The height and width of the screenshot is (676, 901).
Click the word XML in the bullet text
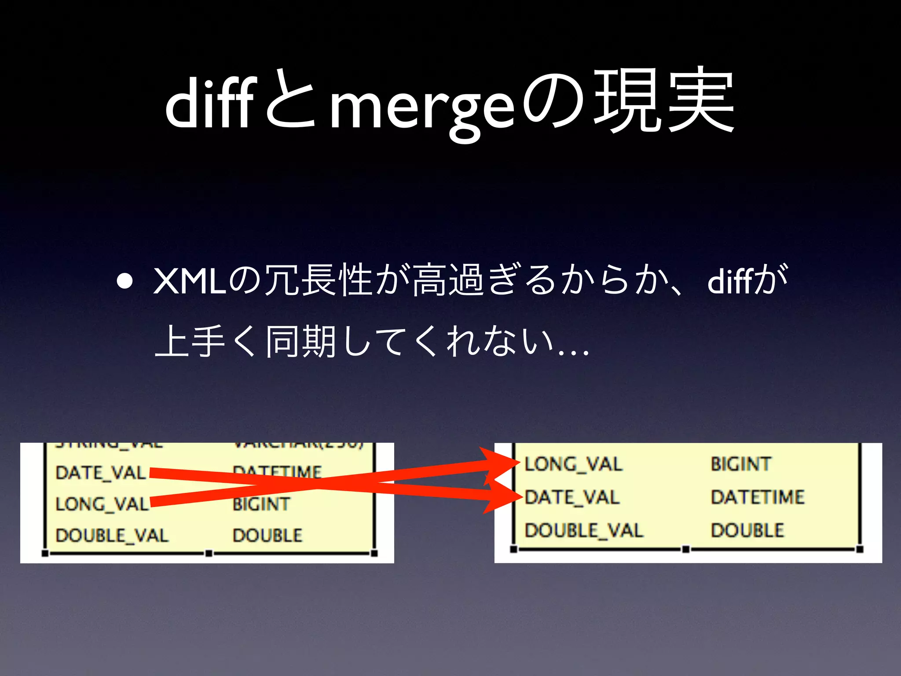pyautogui.click(x=190, y=282)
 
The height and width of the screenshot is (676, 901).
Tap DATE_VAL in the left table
pyautogui.click(x=101, y=473)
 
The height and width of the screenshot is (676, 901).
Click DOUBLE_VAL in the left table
pyautogui.click(x=112, y=536)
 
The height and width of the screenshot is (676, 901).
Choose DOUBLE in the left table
pyautogui.click(x=267, y=536)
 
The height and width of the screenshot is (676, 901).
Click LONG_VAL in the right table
pyautogui.click(x=573, y=464)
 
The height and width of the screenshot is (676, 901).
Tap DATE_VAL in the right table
pyautogui.click(x=572, y=497)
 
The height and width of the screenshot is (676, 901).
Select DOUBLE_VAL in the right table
pyautogui.click(x=584, y=530)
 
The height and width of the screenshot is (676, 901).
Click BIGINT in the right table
pyautogui.click(x=741, y=464)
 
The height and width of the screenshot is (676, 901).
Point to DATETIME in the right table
pyautogui.click(x=758, y=497)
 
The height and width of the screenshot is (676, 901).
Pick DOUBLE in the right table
pyautogui.click(x=747, y=530)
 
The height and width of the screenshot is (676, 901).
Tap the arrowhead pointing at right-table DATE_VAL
pyautogui.click(x=502, y=497)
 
